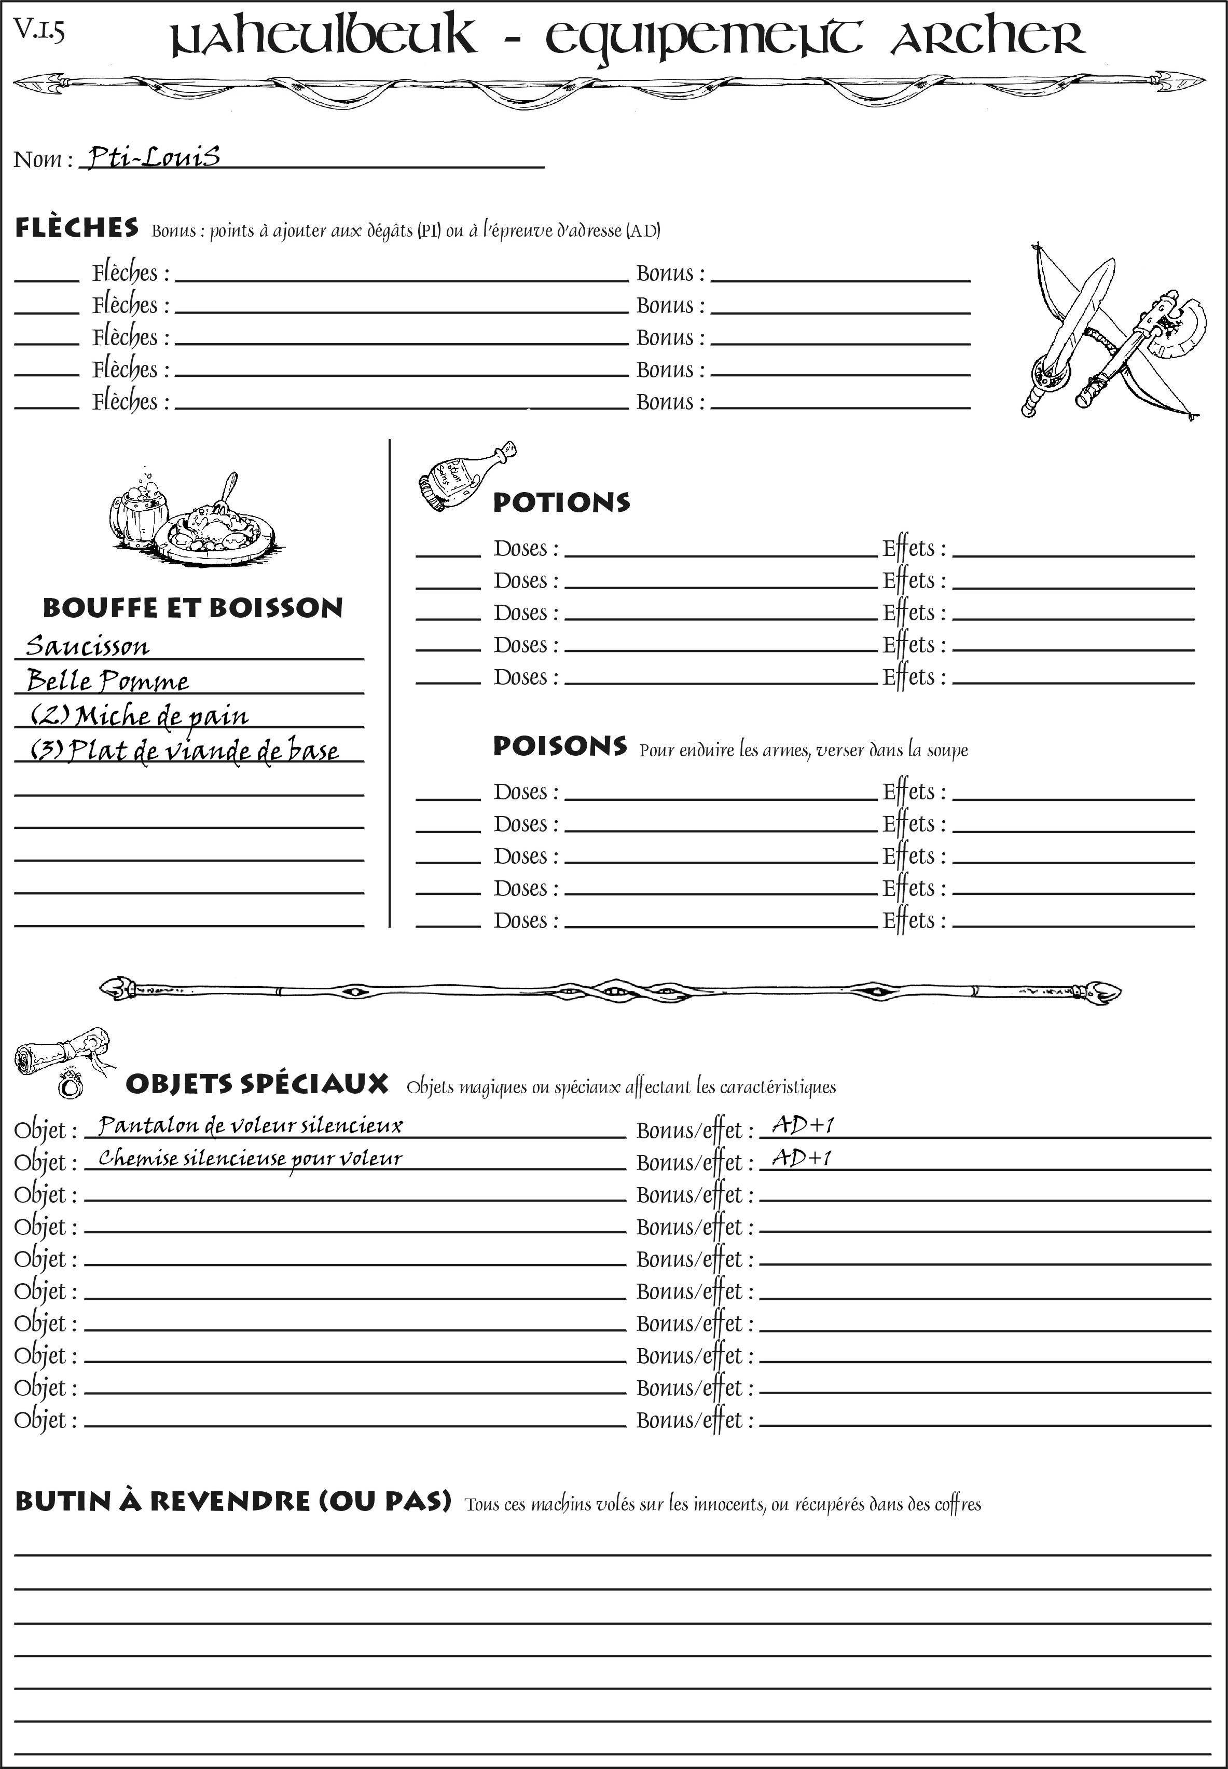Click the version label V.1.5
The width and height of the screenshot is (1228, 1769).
pyautogui.click(x=38, y=30)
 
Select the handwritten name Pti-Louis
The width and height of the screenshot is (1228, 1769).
pyautogui.click(x=154, y=157)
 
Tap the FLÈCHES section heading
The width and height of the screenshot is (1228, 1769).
pyautogui.click(x=77, y=228)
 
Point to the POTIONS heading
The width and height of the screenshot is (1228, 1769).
pyautogui.click(x=561, y=502)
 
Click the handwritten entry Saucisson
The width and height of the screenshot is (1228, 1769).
pyautogui.click(x=88, y=646)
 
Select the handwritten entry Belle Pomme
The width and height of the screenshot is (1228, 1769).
pyautogui.click(x=108, y=681)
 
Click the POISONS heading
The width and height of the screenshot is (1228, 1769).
pyautogui.click(x=559, y=746)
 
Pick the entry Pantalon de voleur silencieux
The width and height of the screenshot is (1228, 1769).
pyautogui.click(x=250, y=1126)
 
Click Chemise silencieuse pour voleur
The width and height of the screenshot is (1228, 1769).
pyautogui.click(x=250, y=1159)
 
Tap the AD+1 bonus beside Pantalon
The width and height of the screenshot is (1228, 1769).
pyautogui.click(x=803, y=1125)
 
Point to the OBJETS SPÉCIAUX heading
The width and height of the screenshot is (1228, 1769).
pyautogui.click(x=257, y=1084)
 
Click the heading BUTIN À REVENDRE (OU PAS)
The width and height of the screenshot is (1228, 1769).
pyautogui.click(x=232, y=1501)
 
